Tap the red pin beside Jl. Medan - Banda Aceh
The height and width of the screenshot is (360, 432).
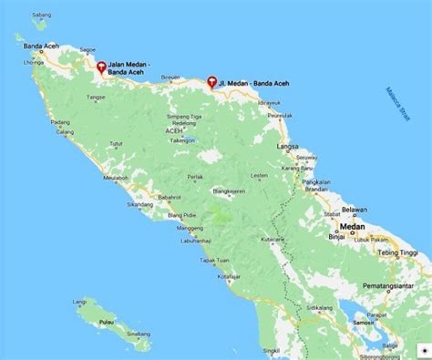coord(211,81)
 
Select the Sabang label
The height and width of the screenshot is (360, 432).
coord(40,15)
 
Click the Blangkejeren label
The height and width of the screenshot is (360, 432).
coord(232,192)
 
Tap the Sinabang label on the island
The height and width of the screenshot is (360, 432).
coord(139,334)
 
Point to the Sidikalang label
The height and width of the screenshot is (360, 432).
coord(318,307)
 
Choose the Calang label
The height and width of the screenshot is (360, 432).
coord(65,133)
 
